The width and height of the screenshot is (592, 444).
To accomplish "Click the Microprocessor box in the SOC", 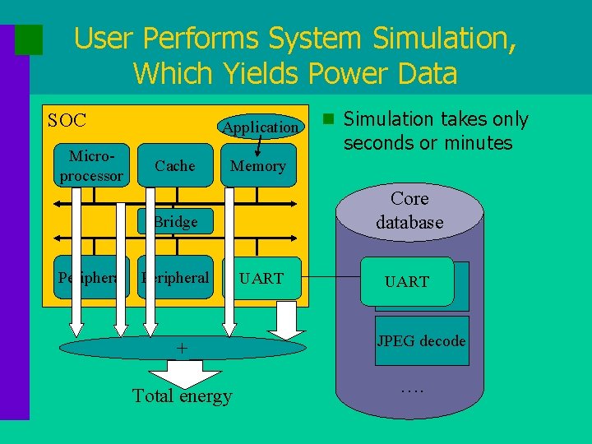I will click(x=91, y=166).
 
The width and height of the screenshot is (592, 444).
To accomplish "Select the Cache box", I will click(x=175, y=166).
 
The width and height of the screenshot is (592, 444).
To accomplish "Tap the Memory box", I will click(x=258, y=166).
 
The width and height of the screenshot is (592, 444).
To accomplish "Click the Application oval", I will click(x=261, y=127).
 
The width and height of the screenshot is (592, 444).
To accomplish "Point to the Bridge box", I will click(x=175, y=221).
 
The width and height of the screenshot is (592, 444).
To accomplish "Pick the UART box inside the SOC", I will click(x=262, y=278).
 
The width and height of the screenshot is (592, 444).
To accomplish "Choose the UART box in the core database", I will click(x=408, y=281).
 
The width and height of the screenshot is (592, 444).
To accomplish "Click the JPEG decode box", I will click(x=422, y=340).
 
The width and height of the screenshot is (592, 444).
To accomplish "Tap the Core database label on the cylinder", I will click(x=409, y=210).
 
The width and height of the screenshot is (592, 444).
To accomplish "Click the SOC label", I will click(x=67, y=121).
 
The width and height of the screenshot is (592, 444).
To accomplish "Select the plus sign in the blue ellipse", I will click(x=183, y=349).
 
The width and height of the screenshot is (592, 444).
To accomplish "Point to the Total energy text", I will click(x=183, y=396).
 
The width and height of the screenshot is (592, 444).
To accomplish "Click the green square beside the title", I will click(x=29, y=39).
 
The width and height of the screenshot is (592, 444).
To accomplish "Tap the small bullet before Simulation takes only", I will click(x=327, y=119).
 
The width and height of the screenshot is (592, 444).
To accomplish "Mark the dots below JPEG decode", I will click(x=411, y=388).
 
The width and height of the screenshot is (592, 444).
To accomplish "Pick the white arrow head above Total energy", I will click(x=182, y=377).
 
